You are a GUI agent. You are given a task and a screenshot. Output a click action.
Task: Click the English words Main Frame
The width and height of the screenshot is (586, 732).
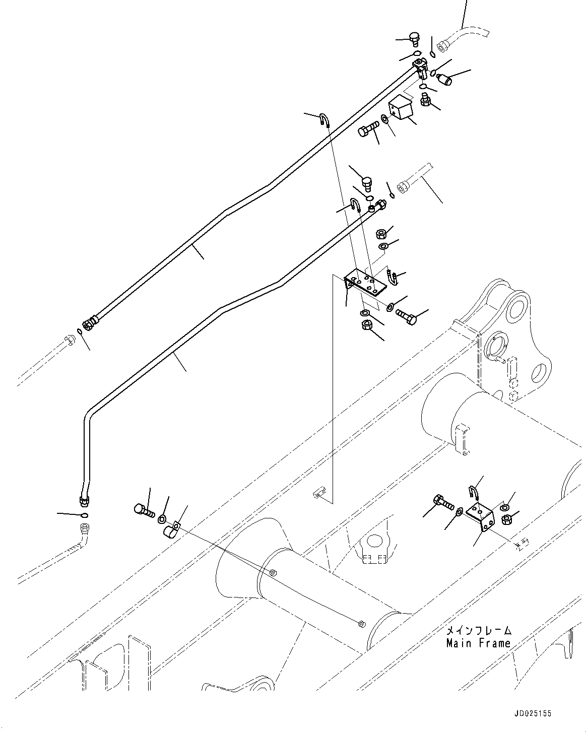pos(478,643)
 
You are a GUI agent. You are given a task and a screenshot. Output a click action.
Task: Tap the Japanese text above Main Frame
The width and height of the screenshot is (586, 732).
pos(478,630)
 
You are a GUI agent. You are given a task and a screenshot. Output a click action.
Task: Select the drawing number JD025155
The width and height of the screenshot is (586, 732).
pos(533,713)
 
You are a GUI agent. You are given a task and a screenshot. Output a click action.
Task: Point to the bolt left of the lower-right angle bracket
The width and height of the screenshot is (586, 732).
pos(443,502)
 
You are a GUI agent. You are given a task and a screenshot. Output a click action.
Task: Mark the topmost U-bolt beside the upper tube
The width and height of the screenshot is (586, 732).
pos(323,120)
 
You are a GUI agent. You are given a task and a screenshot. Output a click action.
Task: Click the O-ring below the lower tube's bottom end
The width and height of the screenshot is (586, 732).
pos(84,515)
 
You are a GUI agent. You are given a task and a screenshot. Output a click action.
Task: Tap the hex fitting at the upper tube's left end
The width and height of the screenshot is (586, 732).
pos(90,322)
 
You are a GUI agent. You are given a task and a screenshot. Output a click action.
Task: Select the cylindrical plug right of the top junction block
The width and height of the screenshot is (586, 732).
pos(444,79)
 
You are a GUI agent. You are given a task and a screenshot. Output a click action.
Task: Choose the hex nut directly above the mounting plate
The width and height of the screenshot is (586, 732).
pos(382,233)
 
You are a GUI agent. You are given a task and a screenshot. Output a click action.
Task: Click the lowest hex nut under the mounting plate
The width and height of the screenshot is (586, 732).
pos(366,326)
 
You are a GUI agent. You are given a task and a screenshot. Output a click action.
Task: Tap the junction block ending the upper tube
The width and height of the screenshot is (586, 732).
pos(420,67)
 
